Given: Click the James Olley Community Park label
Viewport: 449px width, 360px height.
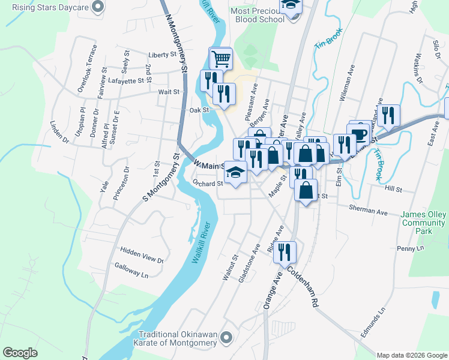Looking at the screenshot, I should click(424, 223).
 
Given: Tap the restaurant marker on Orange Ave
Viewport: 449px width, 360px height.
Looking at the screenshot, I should click(285, 252).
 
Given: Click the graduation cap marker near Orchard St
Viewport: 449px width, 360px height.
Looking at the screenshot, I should click(237, 173).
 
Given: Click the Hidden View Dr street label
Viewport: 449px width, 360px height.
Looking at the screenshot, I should click(142, 255).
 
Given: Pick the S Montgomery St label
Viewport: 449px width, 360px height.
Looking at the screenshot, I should click(161, 177).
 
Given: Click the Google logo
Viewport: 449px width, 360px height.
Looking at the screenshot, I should click(20, 353).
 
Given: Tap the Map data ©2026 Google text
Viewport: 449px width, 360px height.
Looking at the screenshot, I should click(412, 355).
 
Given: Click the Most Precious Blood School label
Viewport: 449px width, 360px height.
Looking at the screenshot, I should click(258, 15).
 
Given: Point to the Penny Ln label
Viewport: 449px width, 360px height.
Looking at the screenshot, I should click(411, 248).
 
